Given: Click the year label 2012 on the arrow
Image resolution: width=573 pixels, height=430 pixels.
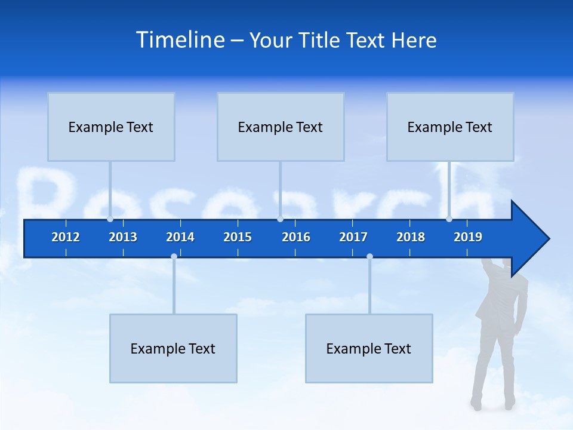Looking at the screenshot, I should pyautogui.click(x=66, y=237).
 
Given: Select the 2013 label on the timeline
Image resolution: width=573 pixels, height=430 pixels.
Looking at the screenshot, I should pyautogui.click(x=123, y=237).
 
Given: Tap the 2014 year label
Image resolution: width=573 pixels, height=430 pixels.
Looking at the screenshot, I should pyautogui.click(x=180, y=237).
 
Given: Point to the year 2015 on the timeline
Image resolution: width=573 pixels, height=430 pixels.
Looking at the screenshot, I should pyautogui.click(x=238, y=237).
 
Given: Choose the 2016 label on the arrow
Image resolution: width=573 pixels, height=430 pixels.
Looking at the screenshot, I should pyautogui.click(x=296, y=237).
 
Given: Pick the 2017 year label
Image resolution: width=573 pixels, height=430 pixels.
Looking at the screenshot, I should pyautogui.click(x=353, y=237).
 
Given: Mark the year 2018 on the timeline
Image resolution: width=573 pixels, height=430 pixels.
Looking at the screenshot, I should pyautogui.click(x=411, y=237).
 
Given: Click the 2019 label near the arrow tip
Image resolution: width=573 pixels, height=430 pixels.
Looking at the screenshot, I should pyautogui.click(x=468, y=237).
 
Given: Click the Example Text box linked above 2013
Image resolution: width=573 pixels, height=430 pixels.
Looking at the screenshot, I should pyautogui.click(x=111, y=127).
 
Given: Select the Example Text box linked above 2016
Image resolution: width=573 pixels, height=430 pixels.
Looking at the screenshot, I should pyautogui.click(x=281, y=127).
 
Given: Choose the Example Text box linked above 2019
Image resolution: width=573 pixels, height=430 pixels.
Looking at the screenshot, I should pyautogui.click(x=450, y=127).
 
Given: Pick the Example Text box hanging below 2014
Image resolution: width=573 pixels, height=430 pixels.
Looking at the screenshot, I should pyautogui.click(x=173, y=348).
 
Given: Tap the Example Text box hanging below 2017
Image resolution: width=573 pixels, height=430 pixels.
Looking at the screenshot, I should pyautogui.click(x=369, y=348).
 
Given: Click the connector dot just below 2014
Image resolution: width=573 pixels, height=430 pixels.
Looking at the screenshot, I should pyautogui.click(x=174, y=256).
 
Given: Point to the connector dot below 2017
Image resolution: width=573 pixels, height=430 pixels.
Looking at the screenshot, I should pyautogui.click(x=369, y=256).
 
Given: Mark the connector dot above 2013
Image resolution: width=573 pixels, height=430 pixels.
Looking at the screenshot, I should pyautogui.click(x=110, y=219).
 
